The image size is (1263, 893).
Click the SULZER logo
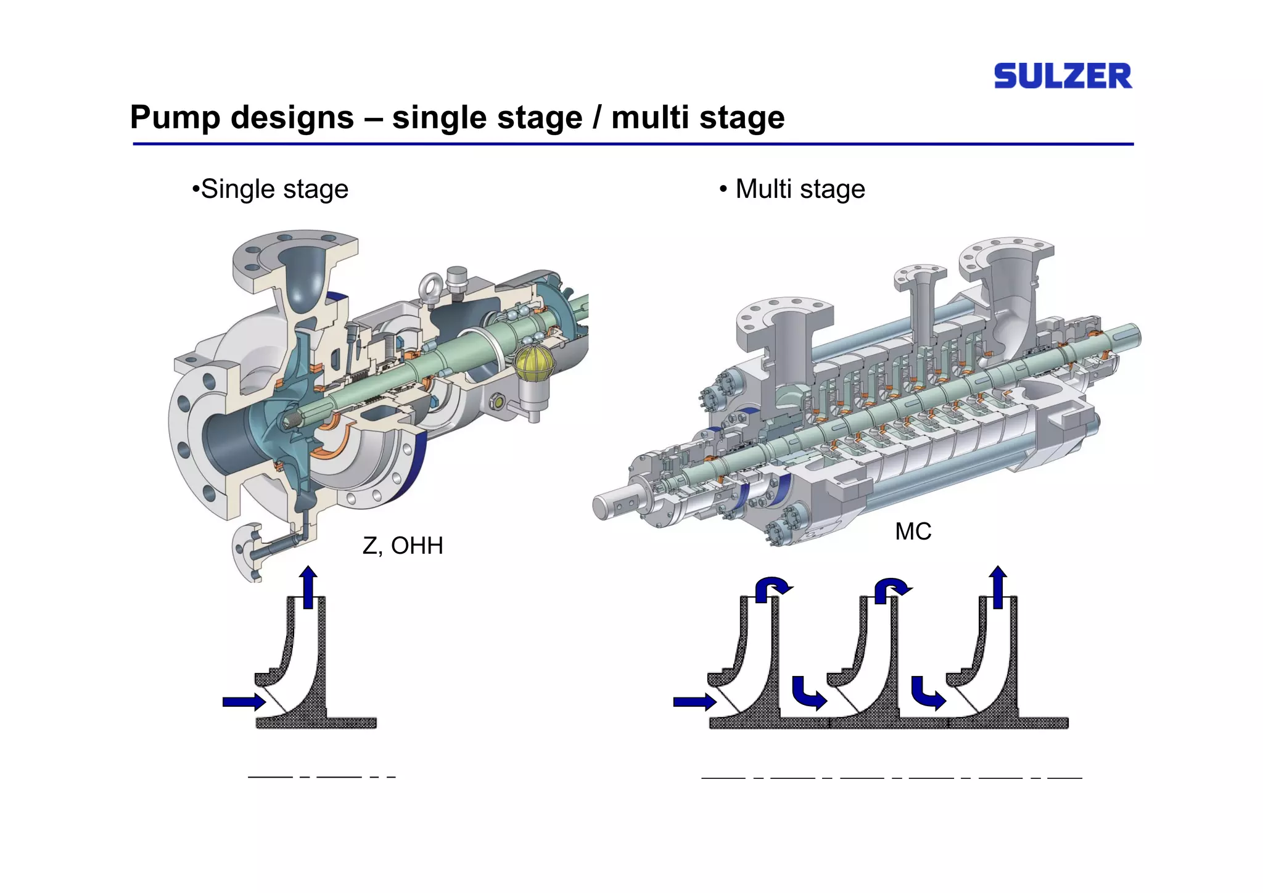1063,76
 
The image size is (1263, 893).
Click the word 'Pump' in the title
174,117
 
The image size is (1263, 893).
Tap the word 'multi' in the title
651,117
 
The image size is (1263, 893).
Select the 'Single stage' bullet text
271,189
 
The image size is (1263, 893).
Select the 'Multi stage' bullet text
796,189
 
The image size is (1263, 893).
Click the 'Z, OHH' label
402,546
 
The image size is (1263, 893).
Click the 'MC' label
913,532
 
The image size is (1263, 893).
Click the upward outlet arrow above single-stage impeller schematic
308,586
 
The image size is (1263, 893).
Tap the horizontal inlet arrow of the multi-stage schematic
694,702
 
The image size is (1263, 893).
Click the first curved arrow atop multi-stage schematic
772,588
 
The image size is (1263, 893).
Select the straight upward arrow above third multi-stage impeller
997,586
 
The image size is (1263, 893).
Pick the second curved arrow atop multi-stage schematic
891,588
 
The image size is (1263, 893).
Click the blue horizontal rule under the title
633,144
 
